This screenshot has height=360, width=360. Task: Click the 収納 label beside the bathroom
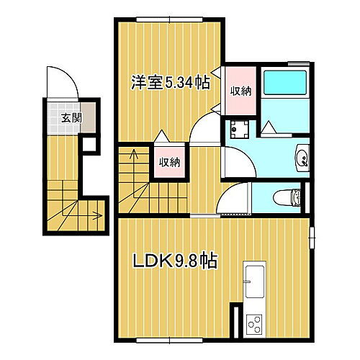tap(240, 90)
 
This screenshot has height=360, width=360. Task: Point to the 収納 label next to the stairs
tap(169, 161)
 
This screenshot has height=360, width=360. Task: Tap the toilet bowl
tap(290, 195)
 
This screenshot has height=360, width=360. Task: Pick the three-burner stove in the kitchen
tap(255, 324)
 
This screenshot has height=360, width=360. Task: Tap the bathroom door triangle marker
tap(268, 127)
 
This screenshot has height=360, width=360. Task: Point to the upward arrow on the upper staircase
tap(132, 153)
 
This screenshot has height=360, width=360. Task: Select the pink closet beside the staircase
tap(169, 161)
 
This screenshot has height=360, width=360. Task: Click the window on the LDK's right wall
tap(312, 237)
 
